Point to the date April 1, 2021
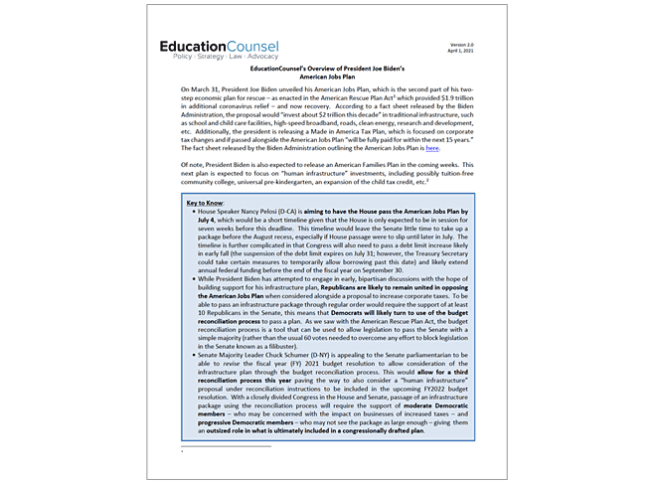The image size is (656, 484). (464, 53)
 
